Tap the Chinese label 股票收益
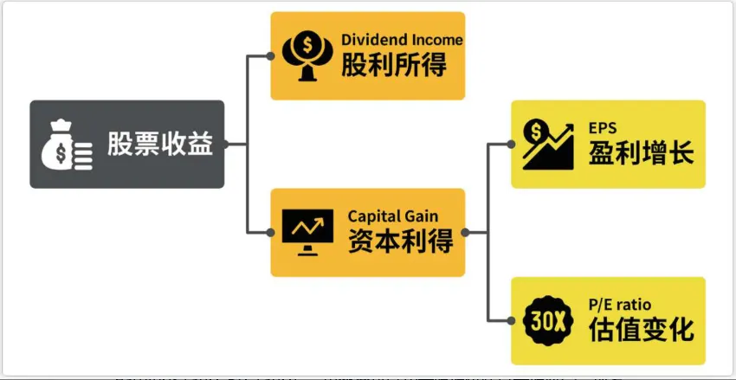tap(159, 145)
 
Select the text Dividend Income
tap(402, 40)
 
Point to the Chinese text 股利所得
tap(394, 65)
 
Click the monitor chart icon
tap(307, 232)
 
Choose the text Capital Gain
tap(393, 216)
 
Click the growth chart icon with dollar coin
tap(547, 144)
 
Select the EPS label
tap(603, 128)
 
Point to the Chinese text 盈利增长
tap(641, 153)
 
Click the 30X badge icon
tap(547, 321)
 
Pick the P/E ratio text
tap(620, 304)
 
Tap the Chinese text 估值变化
tap(641, 330)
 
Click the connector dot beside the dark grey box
tap(226, 145)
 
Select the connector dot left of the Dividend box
tap(270, 56)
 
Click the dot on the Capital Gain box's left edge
tap(270, 233)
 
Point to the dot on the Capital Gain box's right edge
tap(466, 233)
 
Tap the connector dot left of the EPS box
tap(510, 145)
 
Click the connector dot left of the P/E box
tap(510, 321)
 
